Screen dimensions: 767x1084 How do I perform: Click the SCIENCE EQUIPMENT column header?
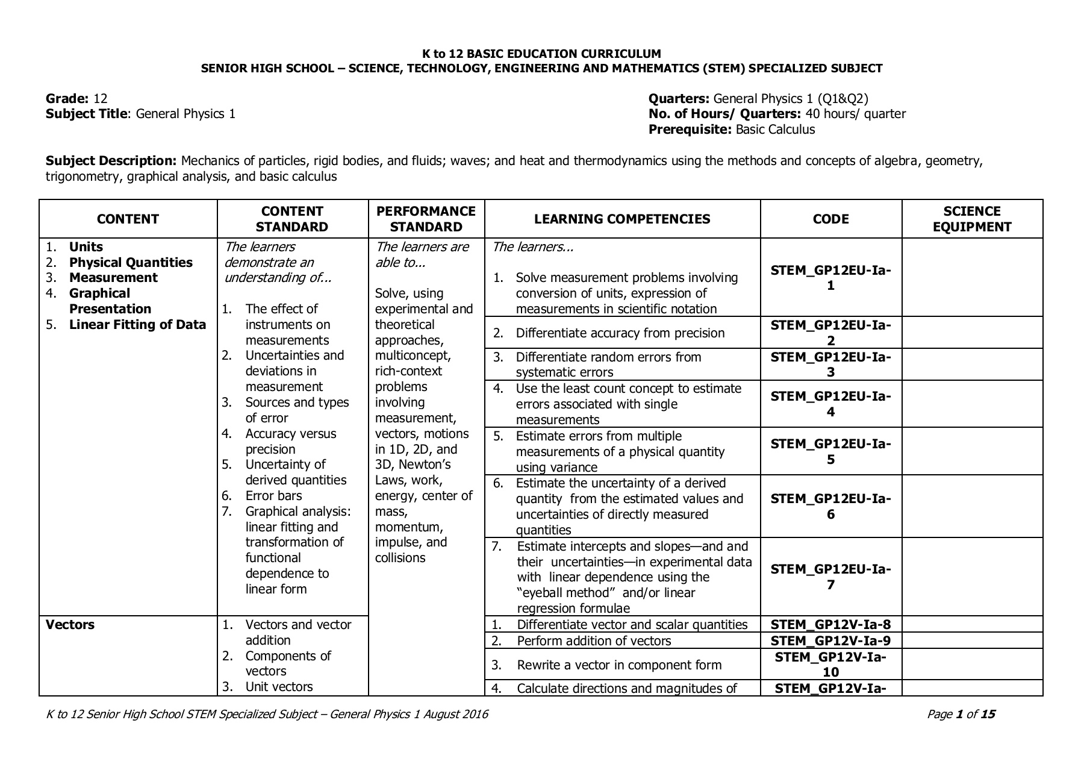[x=971, y=219]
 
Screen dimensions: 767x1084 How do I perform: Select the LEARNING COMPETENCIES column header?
[x=621, y=219]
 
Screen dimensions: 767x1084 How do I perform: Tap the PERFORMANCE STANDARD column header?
[x=426, y=219]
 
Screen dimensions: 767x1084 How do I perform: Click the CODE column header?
[x=830, y=219]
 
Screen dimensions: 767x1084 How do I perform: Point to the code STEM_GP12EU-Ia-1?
[x=830, y=278]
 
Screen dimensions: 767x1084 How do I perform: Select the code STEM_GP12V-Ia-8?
[x=830, y=625]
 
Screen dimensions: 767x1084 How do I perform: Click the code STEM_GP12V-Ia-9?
[x=830, y=640]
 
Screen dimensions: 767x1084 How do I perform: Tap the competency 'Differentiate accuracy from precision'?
[x=620, y=333]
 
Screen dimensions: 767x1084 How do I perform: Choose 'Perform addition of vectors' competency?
[x=593, y=640]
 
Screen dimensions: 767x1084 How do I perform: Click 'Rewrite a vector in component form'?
[x=618, y=665]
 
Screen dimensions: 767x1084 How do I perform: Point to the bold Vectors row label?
[x=70, y=625]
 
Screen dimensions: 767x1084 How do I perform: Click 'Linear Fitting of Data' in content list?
[x=137, y=325]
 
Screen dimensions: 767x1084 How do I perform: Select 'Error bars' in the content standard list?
[x=273, y=496]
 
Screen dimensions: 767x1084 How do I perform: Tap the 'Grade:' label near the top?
[x=67, y=99]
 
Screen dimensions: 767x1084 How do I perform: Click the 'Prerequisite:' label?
[x=690, y=130]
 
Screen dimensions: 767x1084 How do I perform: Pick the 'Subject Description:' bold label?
[x=111, y=161]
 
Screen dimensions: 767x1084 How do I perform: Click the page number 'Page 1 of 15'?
[x=961, y=715]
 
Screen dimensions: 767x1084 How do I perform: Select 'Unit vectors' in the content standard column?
[x=279, y=687]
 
